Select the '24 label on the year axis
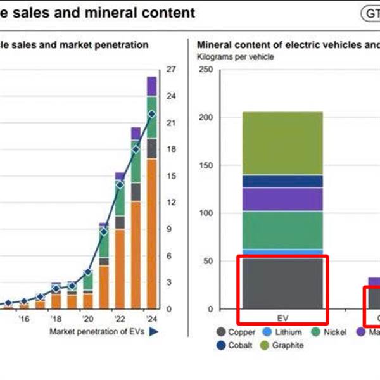(151, 319)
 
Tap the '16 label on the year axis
(24, 319)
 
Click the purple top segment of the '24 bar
(151, 86)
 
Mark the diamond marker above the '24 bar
(151, 114)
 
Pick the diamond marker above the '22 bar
(120, 185)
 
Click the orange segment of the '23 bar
(136, 253)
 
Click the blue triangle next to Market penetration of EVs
(153, 331)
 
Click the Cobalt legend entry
(236, 346)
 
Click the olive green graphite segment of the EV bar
(282, 143)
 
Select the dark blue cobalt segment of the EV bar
(282, 181)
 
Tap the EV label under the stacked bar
(282, 318)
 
